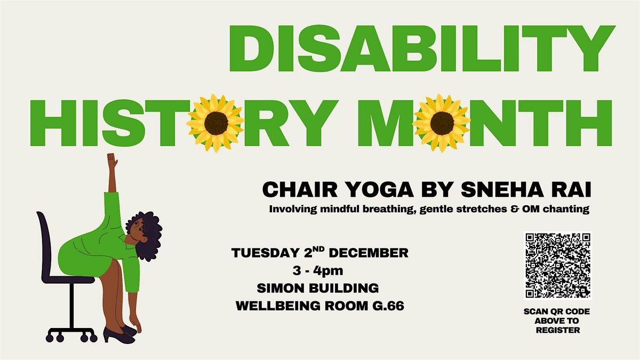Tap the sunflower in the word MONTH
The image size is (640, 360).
pyautogui.click(x=442, y=123)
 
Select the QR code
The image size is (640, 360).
pyautogui.click(x=558, y=265)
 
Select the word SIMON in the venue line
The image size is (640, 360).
pyautogui.click(x=280, y=289)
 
